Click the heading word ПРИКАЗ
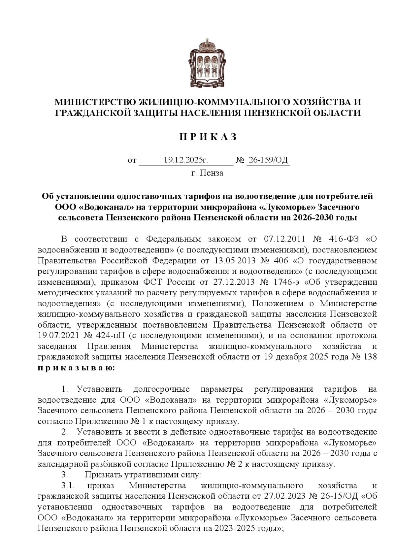tap(208, 137)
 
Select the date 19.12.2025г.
tap(186, 160)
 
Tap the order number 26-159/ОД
tap(268, 160)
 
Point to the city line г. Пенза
tap(207, 173)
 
